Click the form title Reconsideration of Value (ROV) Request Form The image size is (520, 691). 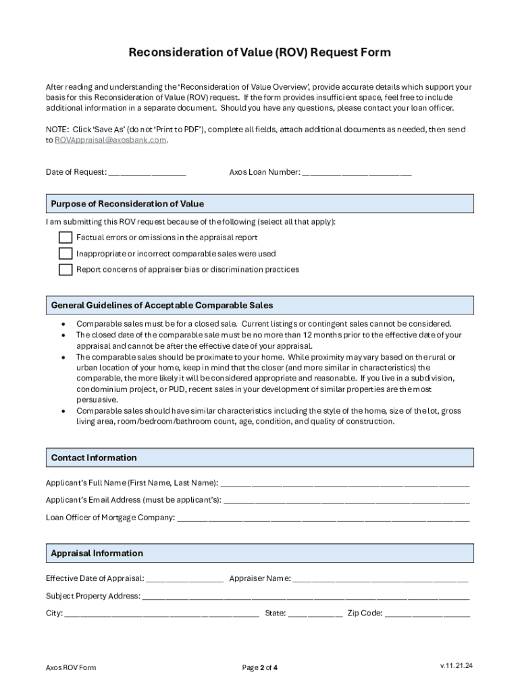click(x=260, y=53)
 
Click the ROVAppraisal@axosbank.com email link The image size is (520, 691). click(x=109, y=140)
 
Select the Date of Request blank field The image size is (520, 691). click(x=147, y=173)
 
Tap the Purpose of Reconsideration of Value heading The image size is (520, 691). click(x=128, y=204)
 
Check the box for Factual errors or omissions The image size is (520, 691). click(x=66, y=238)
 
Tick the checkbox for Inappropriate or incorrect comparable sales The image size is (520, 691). click(x=66, y=254)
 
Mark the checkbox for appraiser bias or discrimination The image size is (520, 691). click(x=66, y=270)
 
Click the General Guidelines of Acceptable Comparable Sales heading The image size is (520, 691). click(x=162, y=306)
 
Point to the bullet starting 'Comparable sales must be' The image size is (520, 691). click(x=263, y=324)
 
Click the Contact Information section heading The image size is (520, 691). click(x=94, y=458)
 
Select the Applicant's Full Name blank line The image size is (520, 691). click(x=344, y=484)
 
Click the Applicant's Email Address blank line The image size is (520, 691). click(x=346, y=501)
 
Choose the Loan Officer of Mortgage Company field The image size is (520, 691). click(x=323, y=518)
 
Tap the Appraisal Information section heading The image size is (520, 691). click(x=97, y=553)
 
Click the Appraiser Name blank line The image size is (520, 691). click(x=380, y=579)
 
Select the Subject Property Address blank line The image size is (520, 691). click(x=305, y=597)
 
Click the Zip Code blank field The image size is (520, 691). click(x=427, y=614)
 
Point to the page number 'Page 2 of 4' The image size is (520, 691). click(x=260, y=668)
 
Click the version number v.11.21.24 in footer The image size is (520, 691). click(x=457, y=666)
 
